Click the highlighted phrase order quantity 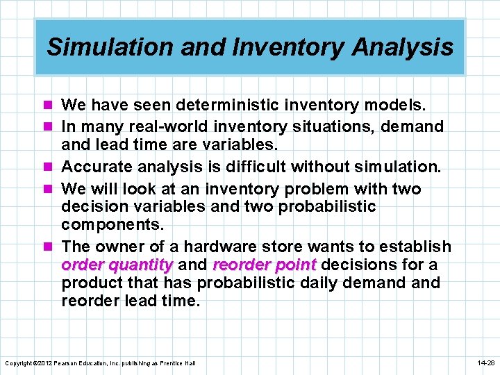[117, 265]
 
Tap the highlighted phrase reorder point [265, 265]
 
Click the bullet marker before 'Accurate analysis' [52, 167]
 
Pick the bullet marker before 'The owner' [52, 247]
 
